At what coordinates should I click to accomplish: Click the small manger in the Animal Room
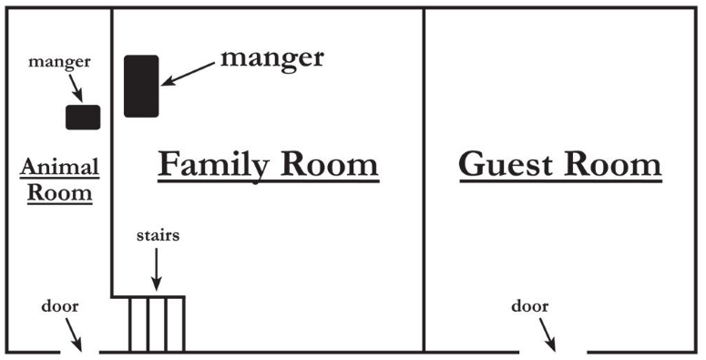point(82,117)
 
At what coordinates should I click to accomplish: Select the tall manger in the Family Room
point(141,86)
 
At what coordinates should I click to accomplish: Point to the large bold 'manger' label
point(271,58)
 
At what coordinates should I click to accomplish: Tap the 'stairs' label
point(158,235)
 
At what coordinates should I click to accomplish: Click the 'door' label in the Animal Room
point(59,306)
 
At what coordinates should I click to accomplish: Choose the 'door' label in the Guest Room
point(529,306)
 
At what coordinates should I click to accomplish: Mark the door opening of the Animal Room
point(80,351)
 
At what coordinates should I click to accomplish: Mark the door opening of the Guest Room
point(553,351)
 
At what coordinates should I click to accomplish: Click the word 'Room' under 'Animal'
point(60,192)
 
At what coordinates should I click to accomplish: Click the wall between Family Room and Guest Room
point(424,182)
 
